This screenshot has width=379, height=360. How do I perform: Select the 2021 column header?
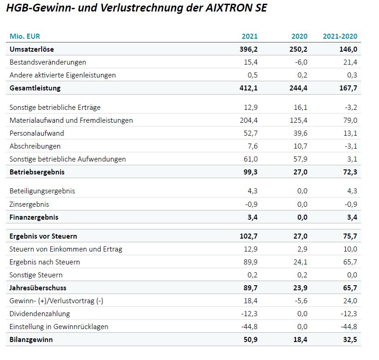click(x=250, y=36)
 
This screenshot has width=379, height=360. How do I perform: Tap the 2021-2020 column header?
click(x=340, y=36)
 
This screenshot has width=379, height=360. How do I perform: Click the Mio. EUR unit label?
click(x=24, y=36)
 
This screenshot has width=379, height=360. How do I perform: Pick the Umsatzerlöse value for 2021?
click(x=248, y=49)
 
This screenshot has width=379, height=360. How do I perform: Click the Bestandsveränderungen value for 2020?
click(x=301, y=62)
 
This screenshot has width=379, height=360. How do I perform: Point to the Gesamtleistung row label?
click(x=35, y=88)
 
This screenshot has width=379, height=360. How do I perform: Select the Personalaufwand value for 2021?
click(x=251, y=133)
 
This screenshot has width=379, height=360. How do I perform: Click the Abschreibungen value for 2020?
click(x=301, y=146)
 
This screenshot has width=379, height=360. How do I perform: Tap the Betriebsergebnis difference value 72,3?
click(x=350, y=172)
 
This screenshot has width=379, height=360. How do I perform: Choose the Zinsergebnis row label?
click(x=29, y=204)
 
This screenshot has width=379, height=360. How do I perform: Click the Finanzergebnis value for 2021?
click(x=253, y=217)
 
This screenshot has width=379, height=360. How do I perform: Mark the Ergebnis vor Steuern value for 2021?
click(x=248, y=236)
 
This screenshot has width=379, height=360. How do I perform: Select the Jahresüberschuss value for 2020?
click(x=301, y=288)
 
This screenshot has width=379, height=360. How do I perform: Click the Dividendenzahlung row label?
click(x=40, y=313)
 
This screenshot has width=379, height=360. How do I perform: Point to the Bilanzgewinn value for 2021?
click(x=251, y=340)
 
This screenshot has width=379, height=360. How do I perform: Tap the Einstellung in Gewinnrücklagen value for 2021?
click(x=249, y=327)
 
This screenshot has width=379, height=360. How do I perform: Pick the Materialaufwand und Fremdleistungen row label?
click(x=71, y=120)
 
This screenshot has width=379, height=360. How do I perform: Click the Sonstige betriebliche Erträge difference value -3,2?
click(x=351, y=107)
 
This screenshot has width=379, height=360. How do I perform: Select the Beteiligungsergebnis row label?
click(x=42, y=191)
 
